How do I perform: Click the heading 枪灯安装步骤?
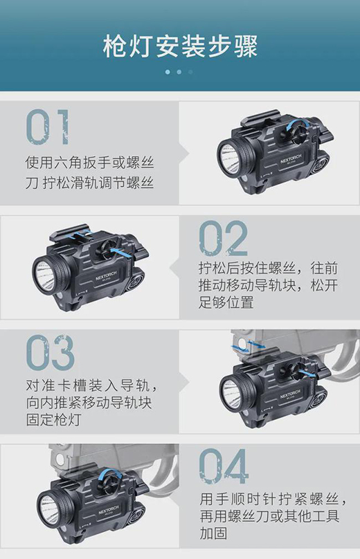click(180, 47)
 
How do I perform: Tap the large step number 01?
click(48, 127)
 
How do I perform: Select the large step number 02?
click(223, 238)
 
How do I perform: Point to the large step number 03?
click(51, 352)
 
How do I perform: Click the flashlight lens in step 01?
click(228, 157)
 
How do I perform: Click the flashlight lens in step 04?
click(48, 505)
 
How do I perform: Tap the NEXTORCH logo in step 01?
click(291, 158)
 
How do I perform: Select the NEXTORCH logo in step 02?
click(106, 275)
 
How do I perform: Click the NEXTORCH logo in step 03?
click(291, 394)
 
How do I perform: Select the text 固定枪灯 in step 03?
click(53, 420)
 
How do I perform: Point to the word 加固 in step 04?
click(213, 533)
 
